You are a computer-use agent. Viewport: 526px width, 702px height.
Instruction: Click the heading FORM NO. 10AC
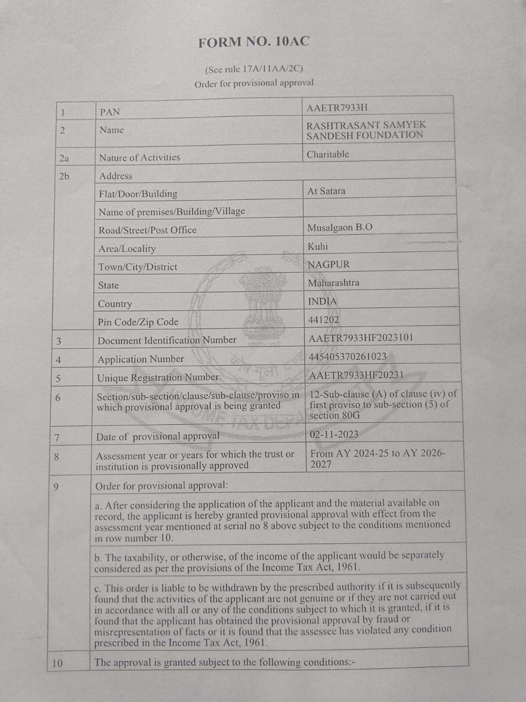tap(254, 42)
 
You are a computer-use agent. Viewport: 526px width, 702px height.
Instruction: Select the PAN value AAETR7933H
tap(337, 108)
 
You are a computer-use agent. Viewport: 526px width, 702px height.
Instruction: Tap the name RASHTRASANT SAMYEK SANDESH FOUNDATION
tap(366, 130)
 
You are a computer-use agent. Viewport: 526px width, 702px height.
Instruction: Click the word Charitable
tap(328, 154)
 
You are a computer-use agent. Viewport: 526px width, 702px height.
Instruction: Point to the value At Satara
tap(326, 191)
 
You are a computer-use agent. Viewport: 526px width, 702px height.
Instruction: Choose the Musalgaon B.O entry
tap(340, 228)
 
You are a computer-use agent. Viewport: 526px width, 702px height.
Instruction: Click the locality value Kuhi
tap(318, 247)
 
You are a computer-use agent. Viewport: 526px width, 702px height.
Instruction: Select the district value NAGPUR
tap(329, 265)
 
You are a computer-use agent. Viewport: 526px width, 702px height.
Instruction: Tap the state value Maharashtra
tap(333, 283)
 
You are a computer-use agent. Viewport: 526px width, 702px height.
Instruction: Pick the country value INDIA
tap(323, 301)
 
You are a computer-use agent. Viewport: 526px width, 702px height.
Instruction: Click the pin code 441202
tap(323, 320)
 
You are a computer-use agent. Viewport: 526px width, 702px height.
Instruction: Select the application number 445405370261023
tap(348, 356)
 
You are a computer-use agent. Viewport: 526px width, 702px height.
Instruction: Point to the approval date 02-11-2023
tap(334, 434)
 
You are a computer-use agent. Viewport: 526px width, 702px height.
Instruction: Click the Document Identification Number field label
tap(167, 340)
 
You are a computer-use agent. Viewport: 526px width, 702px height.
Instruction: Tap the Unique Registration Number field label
tap(158, 377)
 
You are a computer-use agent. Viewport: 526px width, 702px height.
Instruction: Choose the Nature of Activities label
tap(139, 158)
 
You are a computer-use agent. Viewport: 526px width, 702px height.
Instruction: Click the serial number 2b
tap(64, 176)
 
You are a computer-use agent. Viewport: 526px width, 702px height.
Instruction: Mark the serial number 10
tap(57, 663)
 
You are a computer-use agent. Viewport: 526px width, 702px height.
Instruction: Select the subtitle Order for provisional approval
tap(254, 83)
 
